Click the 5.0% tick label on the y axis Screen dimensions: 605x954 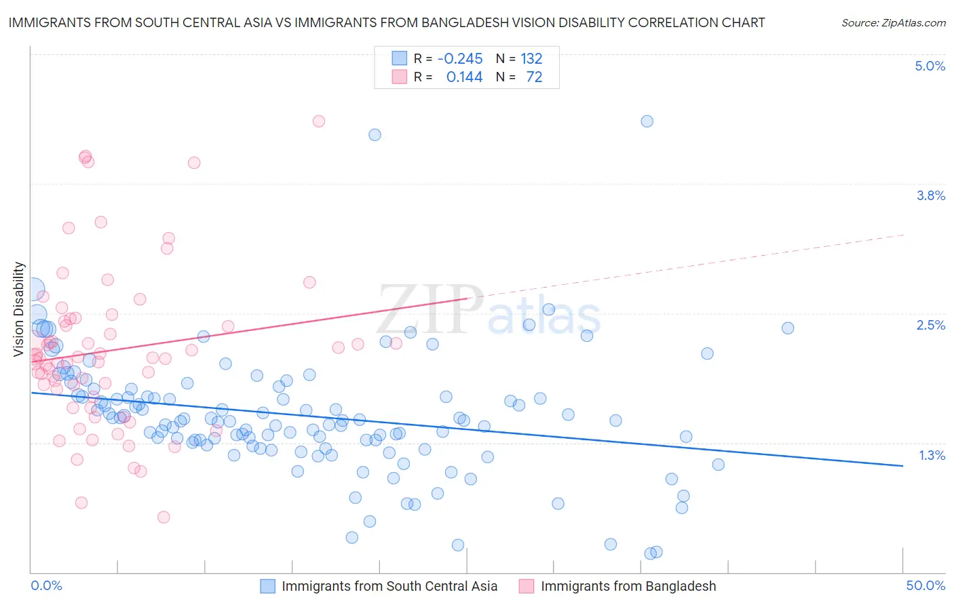[x=930, y=66]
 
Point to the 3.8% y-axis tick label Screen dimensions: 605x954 [x=930, y=195]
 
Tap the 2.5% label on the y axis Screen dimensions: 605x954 [x=930, y=325]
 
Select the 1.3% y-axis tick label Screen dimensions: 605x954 [x=932, y=455]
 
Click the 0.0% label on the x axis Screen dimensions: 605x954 [x=47, y=585]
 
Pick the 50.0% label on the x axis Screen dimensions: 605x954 [x=926, y=585]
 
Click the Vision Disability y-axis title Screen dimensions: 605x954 [x=19, y=309]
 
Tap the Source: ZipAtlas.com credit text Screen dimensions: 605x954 [x=893, y=22]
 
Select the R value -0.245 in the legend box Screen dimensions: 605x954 [x=460, y=58]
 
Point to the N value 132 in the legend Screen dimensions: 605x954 [x=531, y=58]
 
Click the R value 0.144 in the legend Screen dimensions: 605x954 [x=464, y=77]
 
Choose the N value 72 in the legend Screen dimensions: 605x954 [x=534, y=77]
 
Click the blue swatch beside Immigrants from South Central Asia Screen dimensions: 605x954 [x=268, y=586]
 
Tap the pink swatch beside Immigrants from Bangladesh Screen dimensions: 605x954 [x=527, y=586]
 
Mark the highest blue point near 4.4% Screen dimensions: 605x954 [x=647, y=121]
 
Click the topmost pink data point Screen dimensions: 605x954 [x=319, y=121]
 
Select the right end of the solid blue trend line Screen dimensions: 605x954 [x=903, y=466]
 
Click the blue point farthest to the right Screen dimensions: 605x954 [x=788, y=328]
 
